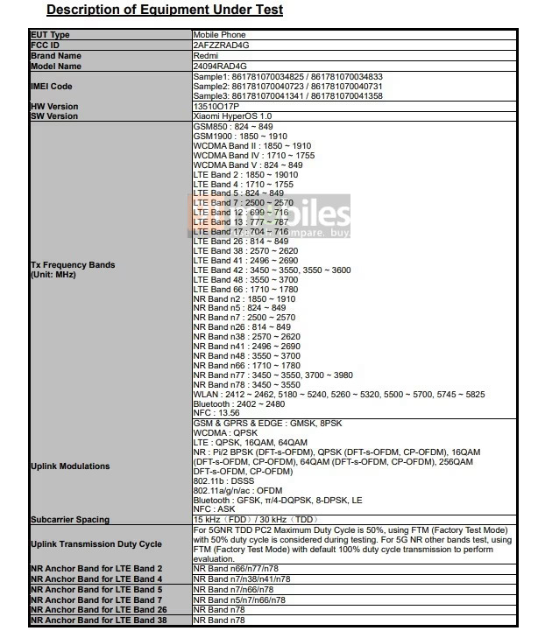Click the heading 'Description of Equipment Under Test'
click(164, 11)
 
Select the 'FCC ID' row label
click(46, 44)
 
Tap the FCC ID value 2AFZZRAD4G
click(220, 44)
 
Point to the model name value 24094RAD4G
click(220, 65)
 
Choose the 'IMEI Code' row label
click(52, 87)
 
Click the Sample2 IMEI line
click(287, 87)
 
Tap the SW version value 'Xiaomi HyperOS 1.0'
click(232, 116)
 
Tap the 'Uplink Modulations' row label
click(70, 466)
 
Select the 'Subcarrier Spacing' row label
click(69, 519)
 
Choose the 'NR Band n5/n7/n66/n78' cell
click(239, 600)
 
